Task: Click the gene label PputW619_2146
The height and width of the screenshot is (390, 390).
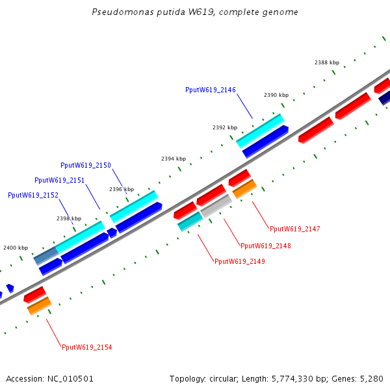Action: click(x=211, y=90)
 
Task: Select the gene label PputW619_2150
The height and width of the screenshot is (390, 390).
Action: click(x=86, y=165)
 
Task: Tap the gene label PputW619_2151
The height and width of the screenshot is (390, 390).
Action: click(x=60, y=180)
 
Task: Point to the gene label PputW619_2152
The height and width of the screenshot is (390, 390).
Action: click(x=33, y=195)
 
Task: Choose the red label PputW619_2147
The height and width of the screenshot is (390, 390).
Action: click(x=295, y=229)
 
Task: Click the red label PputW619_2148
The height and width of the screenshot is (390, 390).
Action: click(x=266, y=246)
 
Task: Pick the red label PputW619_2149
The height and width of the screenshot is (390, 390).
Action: click(x=240, y=261)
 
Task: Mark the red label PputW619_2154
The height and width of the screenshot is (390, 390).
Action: click(x=87, y=347)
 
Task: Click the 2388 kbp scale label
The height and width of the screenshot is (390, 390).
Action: click(x=327, y=63)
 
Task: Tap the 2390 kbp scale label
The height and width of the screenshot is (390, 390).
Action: click(x=276, y=96)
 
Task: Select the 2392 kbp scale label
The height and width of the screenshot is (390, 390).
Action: click(x=225, y=128)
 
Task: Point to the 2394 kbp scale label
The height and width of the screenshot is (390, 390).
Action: click(x=174, y=159)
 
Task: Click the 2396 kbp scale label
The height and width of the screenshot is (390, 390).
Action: click(x=122, y=189)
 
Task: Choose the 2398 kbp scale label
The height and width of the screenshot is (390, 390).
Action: click(x=69, y=219)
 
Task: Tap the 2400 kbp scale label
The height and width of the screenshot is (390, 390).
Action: click(x=16, y=248)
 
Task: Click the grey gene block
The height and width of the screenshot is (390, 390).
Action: click(x=216, y=205)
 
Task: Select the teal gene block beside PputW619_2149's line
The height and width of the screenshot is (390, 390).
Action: click(x=190, y=221)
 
